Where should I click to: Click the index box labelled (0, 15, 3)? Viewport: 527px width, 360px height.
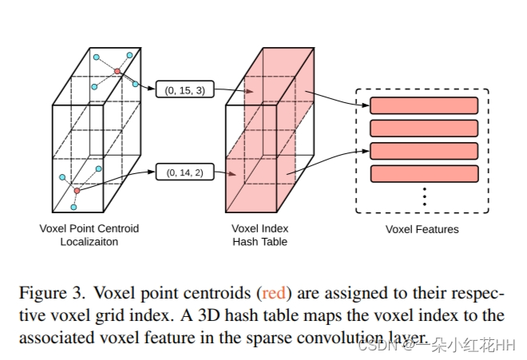[185, 90]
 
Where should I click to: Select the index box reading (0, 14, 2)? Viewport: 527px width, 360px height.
[185, 172]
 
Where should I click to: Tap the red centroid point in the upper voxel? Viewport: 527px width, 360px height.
[117, 72]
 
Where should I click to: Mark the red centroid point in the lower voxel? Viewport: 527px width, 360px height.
[77, 191]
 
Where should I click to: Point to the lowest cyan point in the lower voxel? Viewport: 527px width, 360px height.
[73, 208]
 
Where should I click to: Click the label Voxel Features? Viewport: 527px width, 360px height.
[422, 230]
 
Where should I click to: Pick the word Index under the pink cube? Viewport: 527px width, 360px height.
[273, 229]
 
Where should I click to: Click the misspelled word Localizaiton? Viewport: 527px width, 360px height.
[89, 242]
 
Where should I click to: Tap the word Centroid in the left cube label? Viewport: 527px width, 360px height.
[118, 229]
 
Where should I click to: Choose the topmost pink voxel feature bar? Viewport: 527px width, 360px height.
[424, 105]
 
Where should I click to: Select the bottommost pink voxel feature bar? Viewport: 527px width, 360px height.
[424, 173]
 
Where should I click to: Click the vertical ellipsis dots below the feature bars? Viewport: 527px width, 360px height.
[424, 196]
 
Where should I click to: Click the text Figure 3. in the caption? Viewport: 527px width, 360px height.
[47, 293]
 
